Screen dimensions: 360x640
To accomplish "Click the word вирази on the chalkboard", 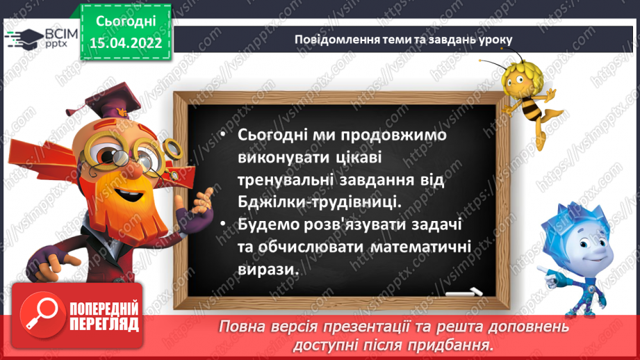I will (x=268, y=269).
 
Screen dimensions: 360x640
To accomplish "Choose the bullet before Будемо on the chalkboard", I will (x=222, y=224).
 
